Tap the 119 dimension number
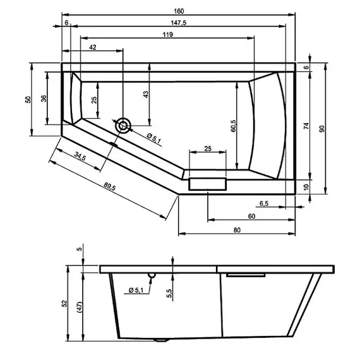tap(167, 34)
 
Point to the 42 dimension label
tap(93, 47)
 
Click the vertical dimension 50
tap(28, 100)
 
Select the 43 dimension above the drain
tap(145, 94)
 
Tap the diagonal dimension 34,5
tap(80, 155)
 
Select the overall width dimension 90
tap(322, 129)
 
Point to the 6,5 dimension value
tap(264, 203)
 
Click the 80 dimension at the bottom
tap(236, 230)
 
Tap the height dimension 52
tap(64, 304)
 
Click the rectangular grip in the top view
tap(207, 184)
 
